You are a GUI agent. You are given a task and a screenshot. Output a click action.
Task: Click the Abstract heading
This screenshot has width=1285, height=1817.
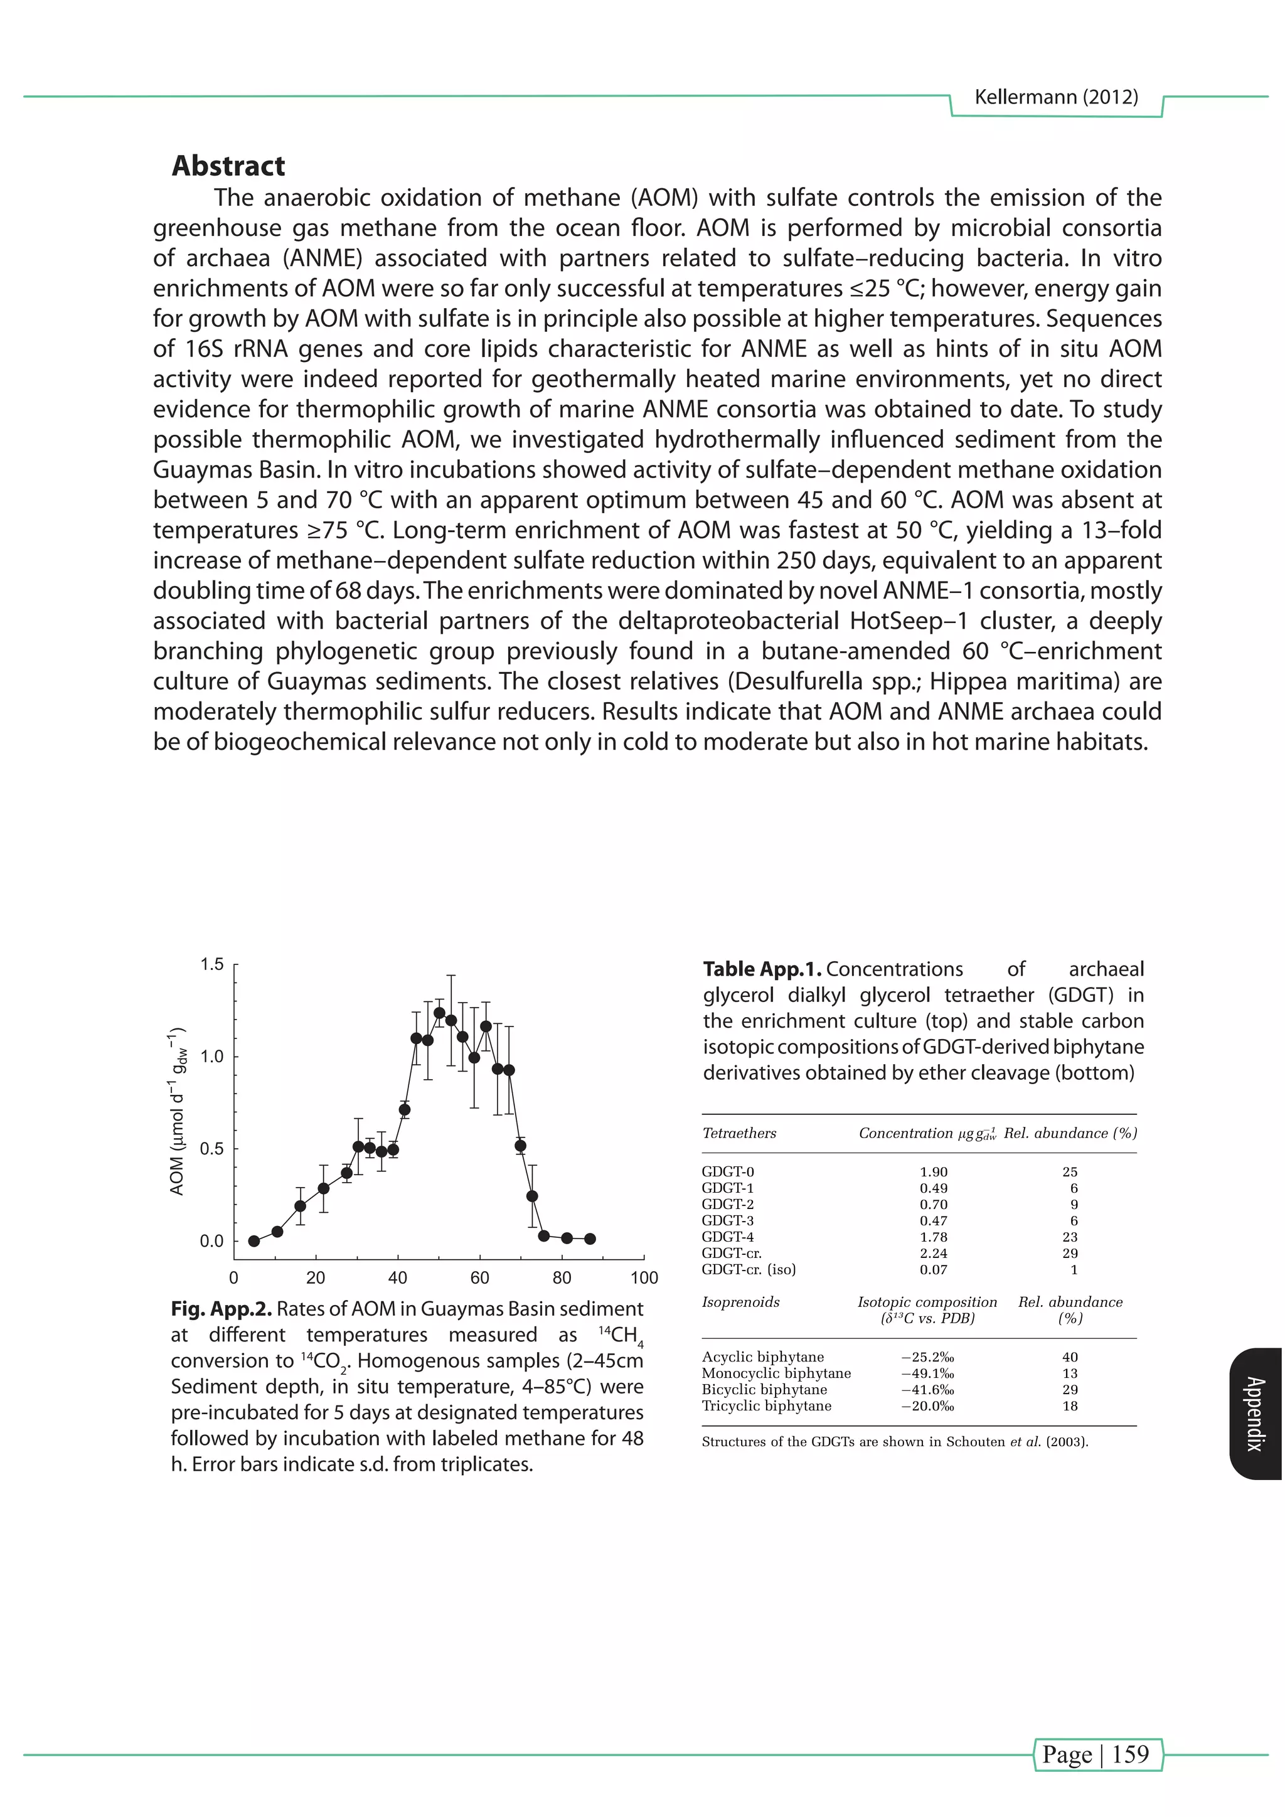click(228, 166)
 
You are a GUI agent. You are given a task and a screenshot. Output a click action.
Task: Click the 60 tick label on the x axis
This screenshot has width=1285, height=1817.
click(479, 1277)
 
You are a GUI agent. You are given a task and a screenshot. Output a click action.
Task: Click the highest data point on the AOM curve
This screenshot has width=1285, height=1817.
click(439, 1012)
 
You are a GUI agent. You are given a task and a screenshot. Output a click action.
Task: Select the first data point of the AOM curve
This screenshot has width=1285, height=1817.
click(254, 1241)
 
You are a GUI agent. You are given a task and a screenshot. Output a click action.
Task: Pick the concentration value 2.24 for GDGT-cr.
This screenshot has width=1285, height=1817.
click(933, 1253)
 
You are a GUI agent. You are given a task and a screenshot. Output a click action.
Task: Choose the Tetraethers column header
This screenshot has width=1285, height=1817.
click(739, 1132)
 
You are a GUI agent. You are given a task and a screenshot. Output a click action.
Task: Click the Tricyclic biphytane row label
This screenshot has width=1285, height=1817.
click(766, 1405)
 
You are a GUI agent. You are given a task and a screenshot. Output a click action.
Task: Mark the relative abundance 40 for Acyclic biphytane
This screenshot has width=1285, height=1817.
click(1070, 1356)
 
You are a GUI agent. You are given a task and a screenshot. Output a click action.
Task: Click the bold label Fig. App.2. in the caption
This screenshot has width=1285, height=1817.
click(221, 1309)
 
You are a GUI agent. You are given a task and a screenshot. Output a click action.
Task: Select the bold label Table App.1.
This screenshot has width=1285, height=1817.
click(762, 969)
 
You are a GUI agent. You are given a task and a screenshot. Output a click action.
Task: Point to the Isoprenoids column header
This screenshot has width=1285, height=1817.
click(740, 1302)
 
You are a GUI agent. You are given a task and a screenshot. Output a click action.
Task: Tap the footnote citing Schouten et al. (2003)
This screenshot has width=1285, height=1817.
click(894, 1441)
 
